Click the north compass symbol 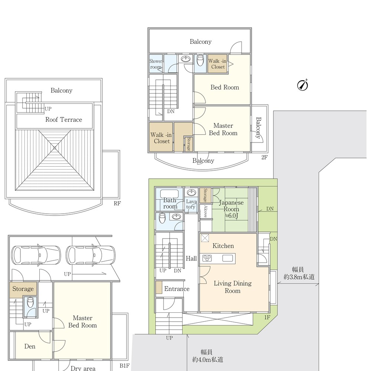(303, 85)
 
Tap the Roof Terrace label (64, 119)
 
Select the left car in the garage (36, 256)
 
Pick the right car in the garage (91, 256)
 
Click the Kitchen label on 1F (223, 246)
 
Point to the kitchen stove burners (207, 258)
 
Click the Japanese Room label (231, 206)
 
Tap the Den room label (30, 347)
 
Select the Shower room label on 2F (156, 64)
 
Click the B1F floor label (124, 366)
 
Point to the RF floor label (117, 203)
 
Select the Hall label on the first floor (191, 258)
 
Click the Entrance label (177, 289)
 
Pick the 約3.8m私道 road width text (299, 277)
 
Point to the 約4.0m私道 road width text (207, 360)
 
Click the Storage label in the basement (23, 289)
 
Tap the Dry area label (83, 368)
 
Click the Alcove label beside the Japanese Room (206, 211)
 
